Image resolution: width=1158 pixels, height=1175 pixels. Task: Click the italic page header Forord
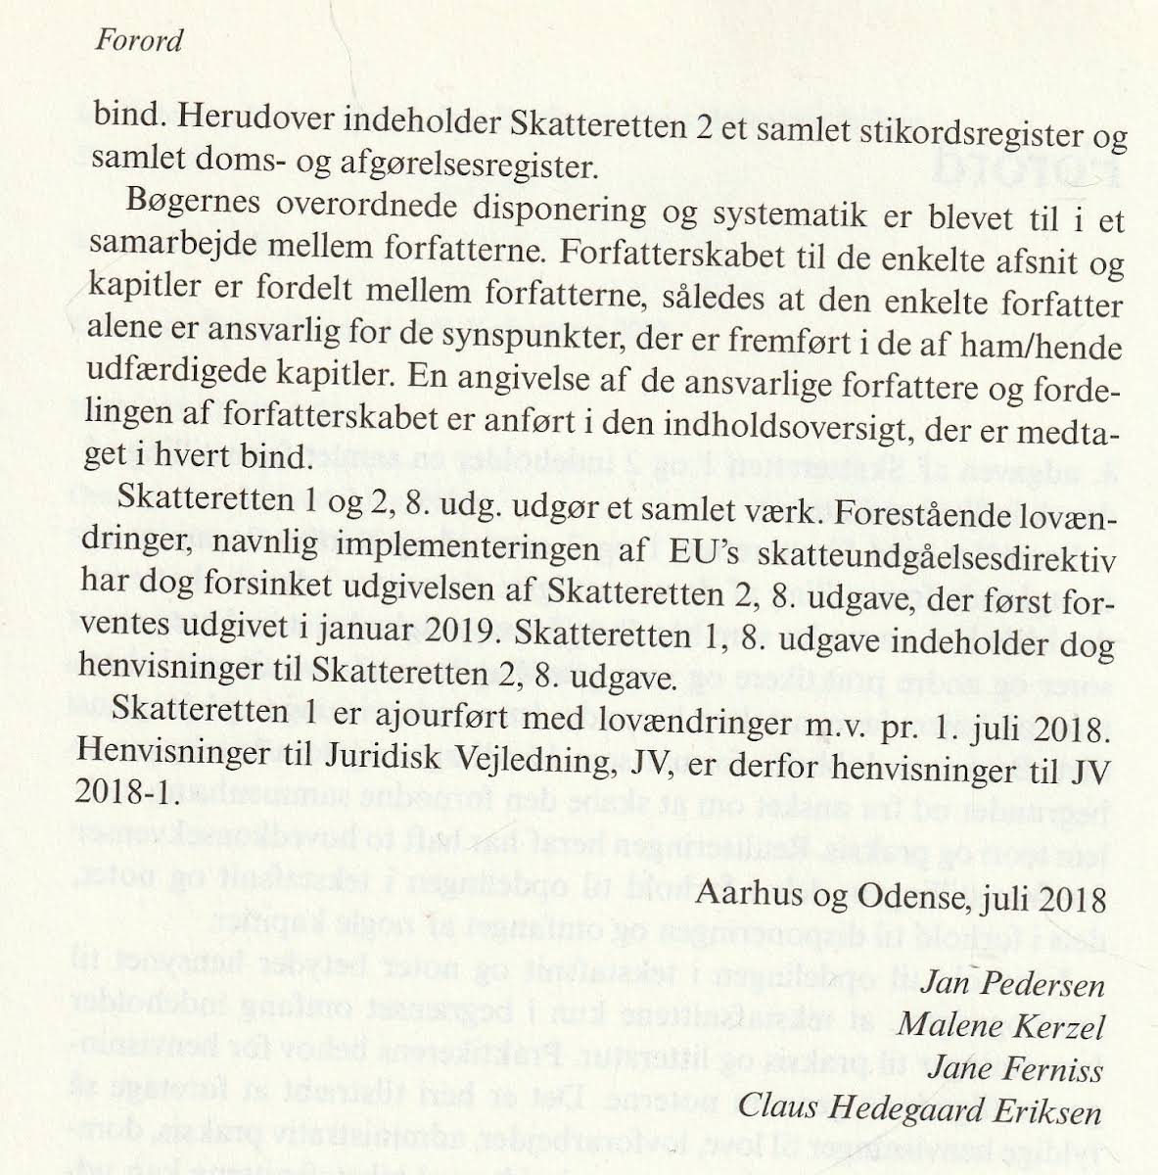[x=139, y=41]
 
